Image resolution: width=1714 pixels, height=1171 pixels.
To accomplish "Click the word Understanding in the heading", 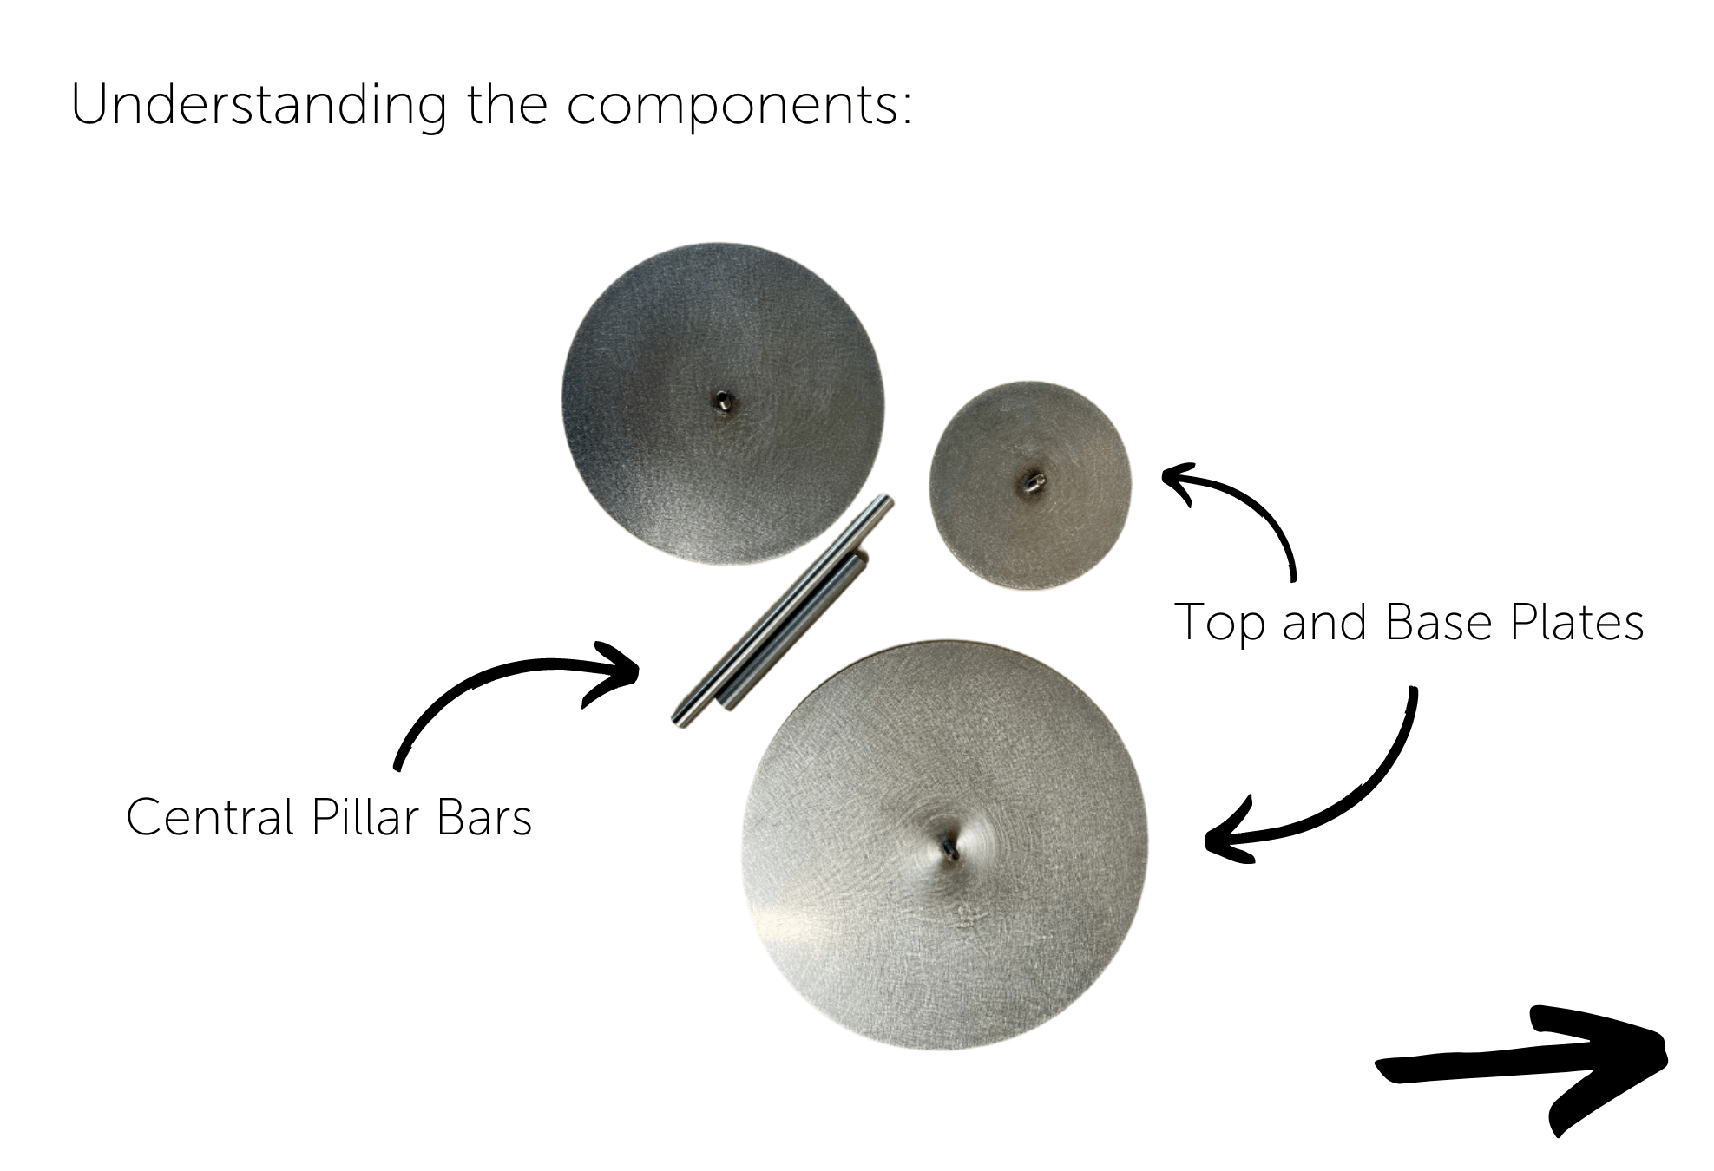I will [x=258, y=106].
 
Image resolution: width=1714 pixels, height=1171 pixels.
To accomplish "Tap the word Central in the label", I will [x=211, y=817].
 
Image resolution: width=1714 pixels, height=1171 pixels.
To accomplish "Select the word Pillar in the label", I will [x=365, y=817].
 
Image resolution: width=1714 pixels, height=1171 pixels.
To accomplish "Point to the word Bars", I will [x=484, y=817].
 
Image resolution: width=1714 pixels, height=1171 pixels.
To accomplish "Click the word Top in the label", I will [x=1219, y=623].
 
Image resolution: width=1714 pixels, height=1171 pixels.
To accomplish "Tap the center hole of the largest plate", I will [x=948, y=843].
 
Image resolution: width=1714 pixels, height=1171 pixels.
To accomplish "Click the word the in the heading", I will [x=508, y=106].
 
